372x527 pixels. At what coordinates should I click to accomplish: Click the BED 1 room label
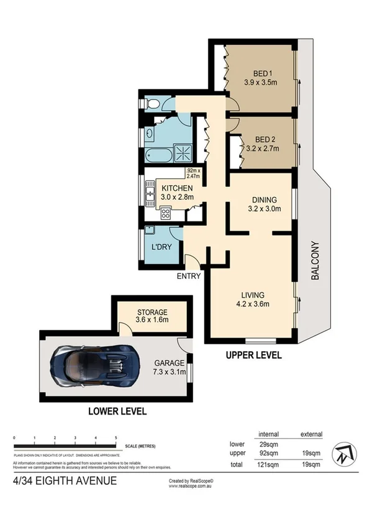click(x=260, y=71)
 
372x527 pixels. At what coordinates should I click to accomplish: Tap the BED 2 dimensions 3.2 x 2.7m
click(x=261, y=149)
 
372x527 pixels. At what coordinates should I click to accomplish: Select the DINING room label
click(x=264, y=199)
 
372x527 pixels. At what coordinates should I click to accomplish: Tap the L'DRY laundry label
click(x=161, y=247)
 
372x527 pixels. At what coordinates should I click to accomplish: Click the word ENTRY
click(x=189, y=275)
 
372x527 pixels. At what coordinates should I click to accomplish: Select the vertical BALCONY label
click(x=315, y=261)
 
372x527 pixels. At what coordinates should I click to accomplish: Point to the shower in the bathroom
click(x=184, y=152)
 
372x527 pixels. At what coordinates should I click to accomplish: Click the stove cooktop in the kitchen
click(x=166, y=213)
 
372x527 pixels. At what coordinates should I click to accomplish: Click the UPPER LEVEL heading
click(x=254, y=355)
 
